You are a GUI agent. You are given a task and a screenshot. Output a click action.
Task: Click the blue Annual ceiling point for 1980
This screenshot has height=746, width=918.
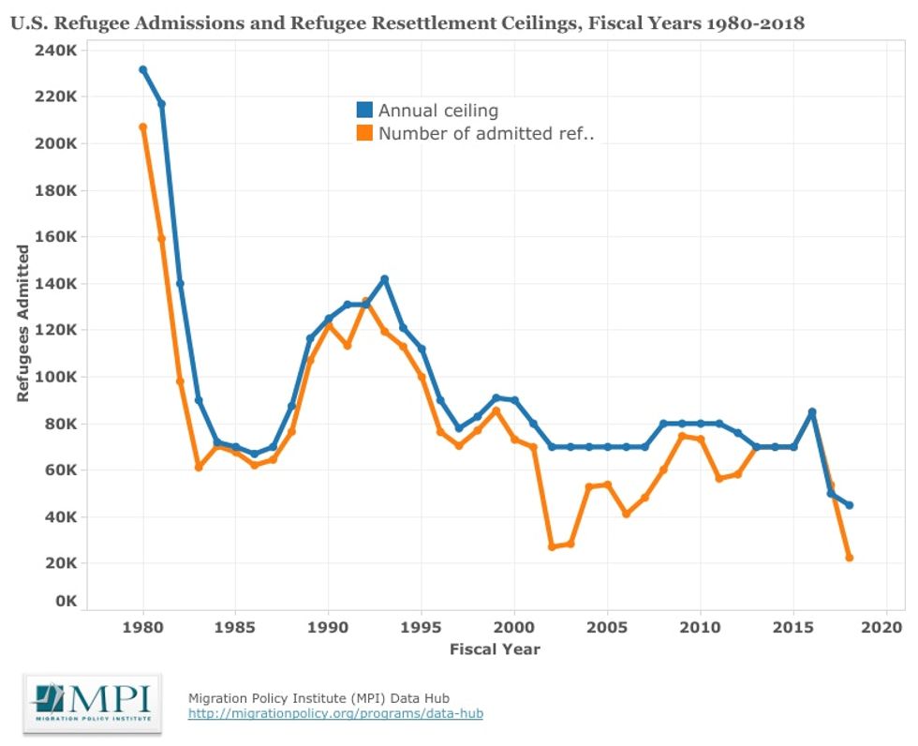[x=143, y=70]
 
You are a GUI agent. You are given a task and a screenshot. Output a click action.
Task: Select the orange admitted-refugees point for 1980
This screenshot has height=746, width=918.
[x=143, y=127]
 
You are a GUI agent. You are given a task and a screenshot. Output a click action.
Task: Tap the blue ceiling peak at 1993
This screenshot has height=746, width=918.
[x=384, y=279]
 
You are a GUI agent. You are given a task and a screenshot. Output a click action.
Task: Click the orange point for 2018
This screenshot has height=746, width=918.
[x=849, y=558]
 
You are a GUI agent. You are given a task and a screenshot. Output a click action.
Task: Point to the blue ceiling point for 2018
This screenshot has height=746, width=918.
[x=849, y=505]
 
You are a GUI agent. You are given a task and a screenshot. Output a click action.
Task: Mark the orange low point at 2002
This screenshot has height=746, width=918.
[x=552, y=546]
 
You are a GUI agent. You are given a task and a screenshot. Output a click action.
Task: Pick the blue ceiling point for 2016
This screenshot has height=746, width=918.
[x=812, y=411]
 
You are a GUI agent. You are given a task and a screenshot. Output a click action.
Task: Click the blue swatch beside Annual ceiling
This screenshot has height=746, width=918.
[x=364, y=111]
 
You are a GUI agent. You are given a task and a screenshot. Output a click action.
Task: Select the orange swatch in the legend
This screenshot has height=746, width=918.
[x=364, y=133]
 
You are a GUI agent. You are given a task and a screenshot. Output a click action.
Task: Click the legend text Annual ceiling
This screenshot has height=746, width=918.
[x=437, y=111]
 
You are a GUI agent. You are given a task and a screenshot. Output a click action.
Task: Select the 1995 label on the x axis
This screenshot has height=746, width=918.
[x=421, y=625]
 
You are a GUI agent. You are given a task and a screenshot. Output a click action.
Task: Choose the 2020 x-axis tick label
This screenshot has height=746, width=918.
[x=885, y=625]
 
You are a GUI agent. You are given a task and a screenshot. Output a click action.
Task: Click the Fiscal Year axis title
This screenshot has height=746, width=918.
[x=495, y=649]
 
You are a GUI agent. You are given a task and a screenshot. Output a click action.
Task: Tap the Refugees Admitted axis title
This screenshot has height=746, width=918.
[x=23, y=324]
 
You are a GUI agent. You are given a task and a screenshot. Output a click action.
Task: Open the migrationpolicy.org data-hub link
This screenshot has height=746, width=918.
[x=335, y=714]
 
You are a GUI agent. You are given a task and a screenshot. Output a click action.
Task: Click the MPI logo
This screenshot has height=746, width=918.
[x=92, y=703]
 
